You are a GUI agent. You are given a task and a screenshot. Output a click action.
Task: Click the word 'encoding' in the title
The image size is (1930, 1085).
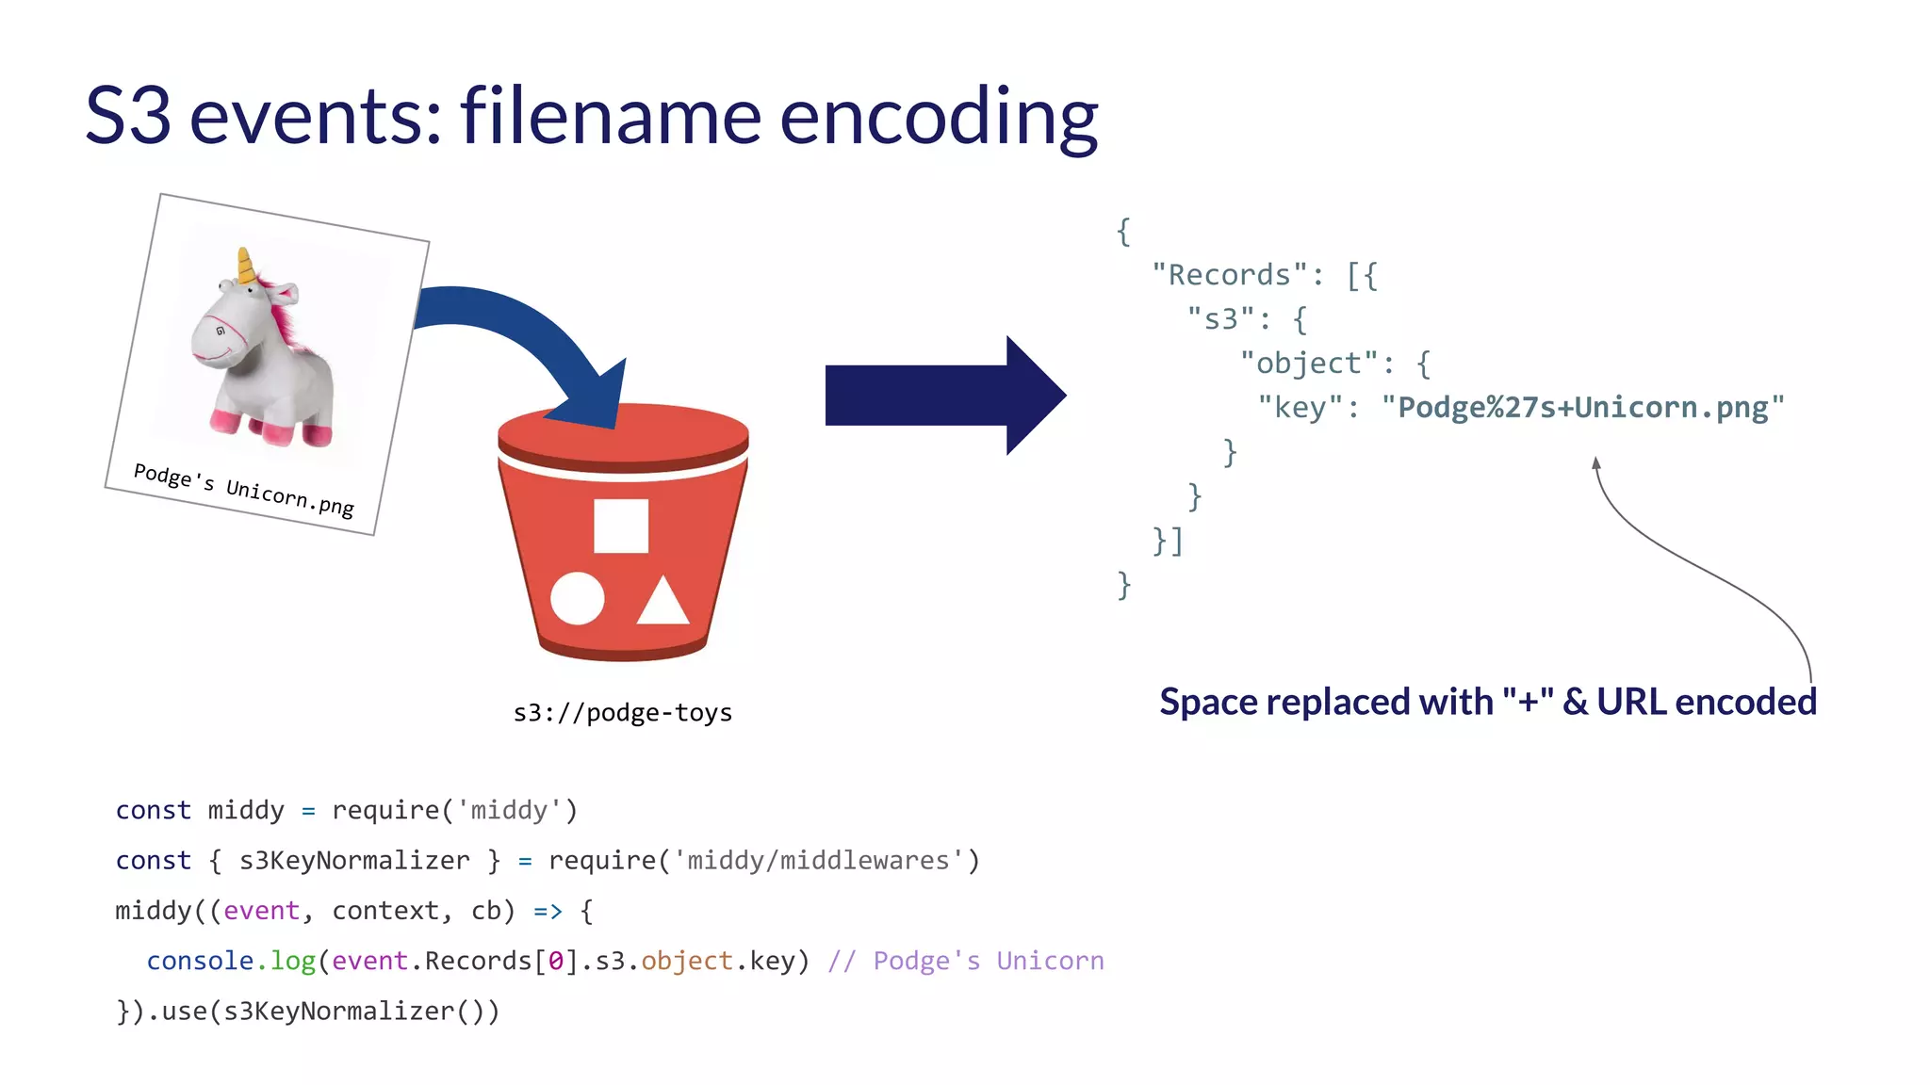coord(939,117)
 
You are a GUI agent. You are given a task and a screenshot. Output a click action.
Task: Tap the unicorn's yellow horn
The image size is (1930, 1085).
coord(246,266)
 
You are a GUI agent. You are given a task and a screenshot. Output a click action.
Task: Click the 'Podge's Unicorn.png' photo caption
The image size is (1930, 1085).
coord(243,489)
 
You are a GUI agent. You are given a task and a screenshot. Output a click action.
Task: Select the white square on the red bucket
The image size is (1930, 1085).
coord(621,526)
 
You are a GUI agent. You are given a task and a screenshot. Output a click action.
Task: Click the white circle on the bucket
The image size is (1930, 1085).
coord(577,598)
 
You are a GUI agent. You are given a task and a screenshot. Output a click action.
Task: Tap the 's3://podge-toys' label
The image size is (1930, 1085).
coord(622,713)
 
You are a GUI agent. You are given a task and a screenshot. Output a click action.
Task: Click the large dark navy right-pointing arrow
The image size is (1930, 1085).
coord(942,396)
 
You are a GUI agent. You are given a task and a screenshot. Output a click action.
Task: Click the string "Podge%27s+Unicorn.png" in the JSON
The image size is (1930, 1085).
coord(1582,408)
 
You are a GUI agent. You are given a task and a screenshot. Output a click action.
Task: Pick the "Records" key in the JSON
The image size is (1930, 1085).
coord(1230,275)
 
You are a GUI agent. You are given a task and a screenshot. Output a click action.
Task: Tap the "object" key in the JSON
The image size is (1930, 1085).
coord(1309,364)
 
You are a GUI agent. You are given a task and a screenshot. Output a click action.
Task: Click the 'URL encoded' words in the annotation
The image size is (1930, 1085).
coord(1706,703)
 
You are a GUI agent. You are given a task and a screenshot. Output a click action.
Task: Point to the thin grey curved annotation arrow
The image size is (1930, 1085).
coord(1696,565)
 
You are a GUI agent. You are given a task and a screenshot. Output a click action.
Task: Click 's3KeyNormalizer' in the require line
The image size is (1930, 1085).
coord(354,861)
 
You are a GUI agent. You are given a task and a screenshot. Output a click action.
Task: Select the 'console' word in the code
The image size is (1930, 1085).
coord(200,961)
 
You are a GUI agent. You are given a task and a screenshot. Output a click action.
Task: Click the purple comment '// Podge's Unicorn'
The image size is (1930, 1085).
coord(965,961)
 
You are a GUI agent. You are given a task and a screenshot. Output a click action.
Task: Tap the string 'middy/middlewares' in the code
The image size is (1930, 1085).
coord(818,861)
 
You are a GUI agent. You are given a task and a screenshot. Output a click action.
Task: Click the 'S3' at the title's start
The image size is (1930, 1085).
coord(128,117)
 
